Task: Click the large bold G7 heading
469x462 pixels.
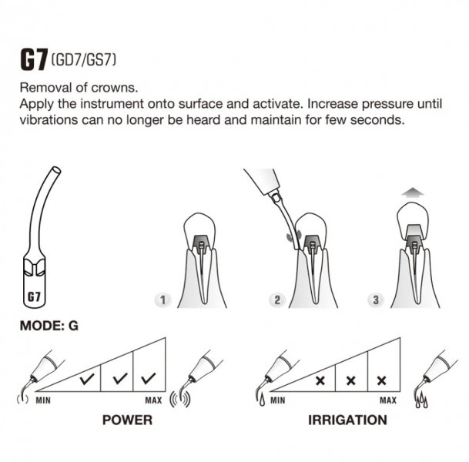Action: (x=34, y=60)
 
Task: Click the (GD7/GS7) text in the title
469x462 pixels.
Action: (x=84, y=59)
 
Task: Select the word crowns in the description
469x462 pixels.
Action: (x=114, y=88)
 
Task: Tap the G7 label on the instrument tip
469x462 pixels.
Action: (x=34, y=297)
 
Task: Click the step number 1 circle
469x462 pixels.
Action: (x=163, y=300)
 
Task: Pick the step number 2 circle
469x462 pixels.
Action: (x=277, y=300)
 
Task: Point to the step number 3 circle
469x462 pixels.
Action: (x=376, y=300)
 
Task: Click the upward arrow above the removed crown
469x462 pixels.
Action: (x=413, y=192)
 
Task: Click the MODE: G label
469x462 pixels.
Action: (x=49, y=326)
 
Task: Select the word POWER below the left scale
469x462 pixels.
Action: (x=127, y=420)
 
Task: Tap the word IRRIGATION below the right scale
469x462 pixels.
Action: (x=347, y=420)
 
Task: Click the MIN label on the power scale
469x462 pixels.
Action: (x=43, y=400)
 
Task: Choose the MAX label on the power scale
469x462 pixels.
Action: (x=153, y=400)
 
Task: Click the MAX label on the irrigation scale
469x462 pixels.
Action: (x=388, y=400)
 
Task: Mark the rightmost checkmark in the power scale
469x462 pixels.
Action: (x=149, y=378)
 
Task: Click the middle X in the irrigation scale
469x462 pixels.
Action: (x=351, y=380)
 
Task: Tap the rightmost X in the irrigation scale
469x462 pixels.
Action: (x=382, y=380)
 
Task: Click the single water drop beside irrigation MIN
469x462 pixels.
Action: (x=263, y=400)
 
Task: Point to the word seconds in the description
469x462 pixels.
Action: (x=377, y=120)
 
